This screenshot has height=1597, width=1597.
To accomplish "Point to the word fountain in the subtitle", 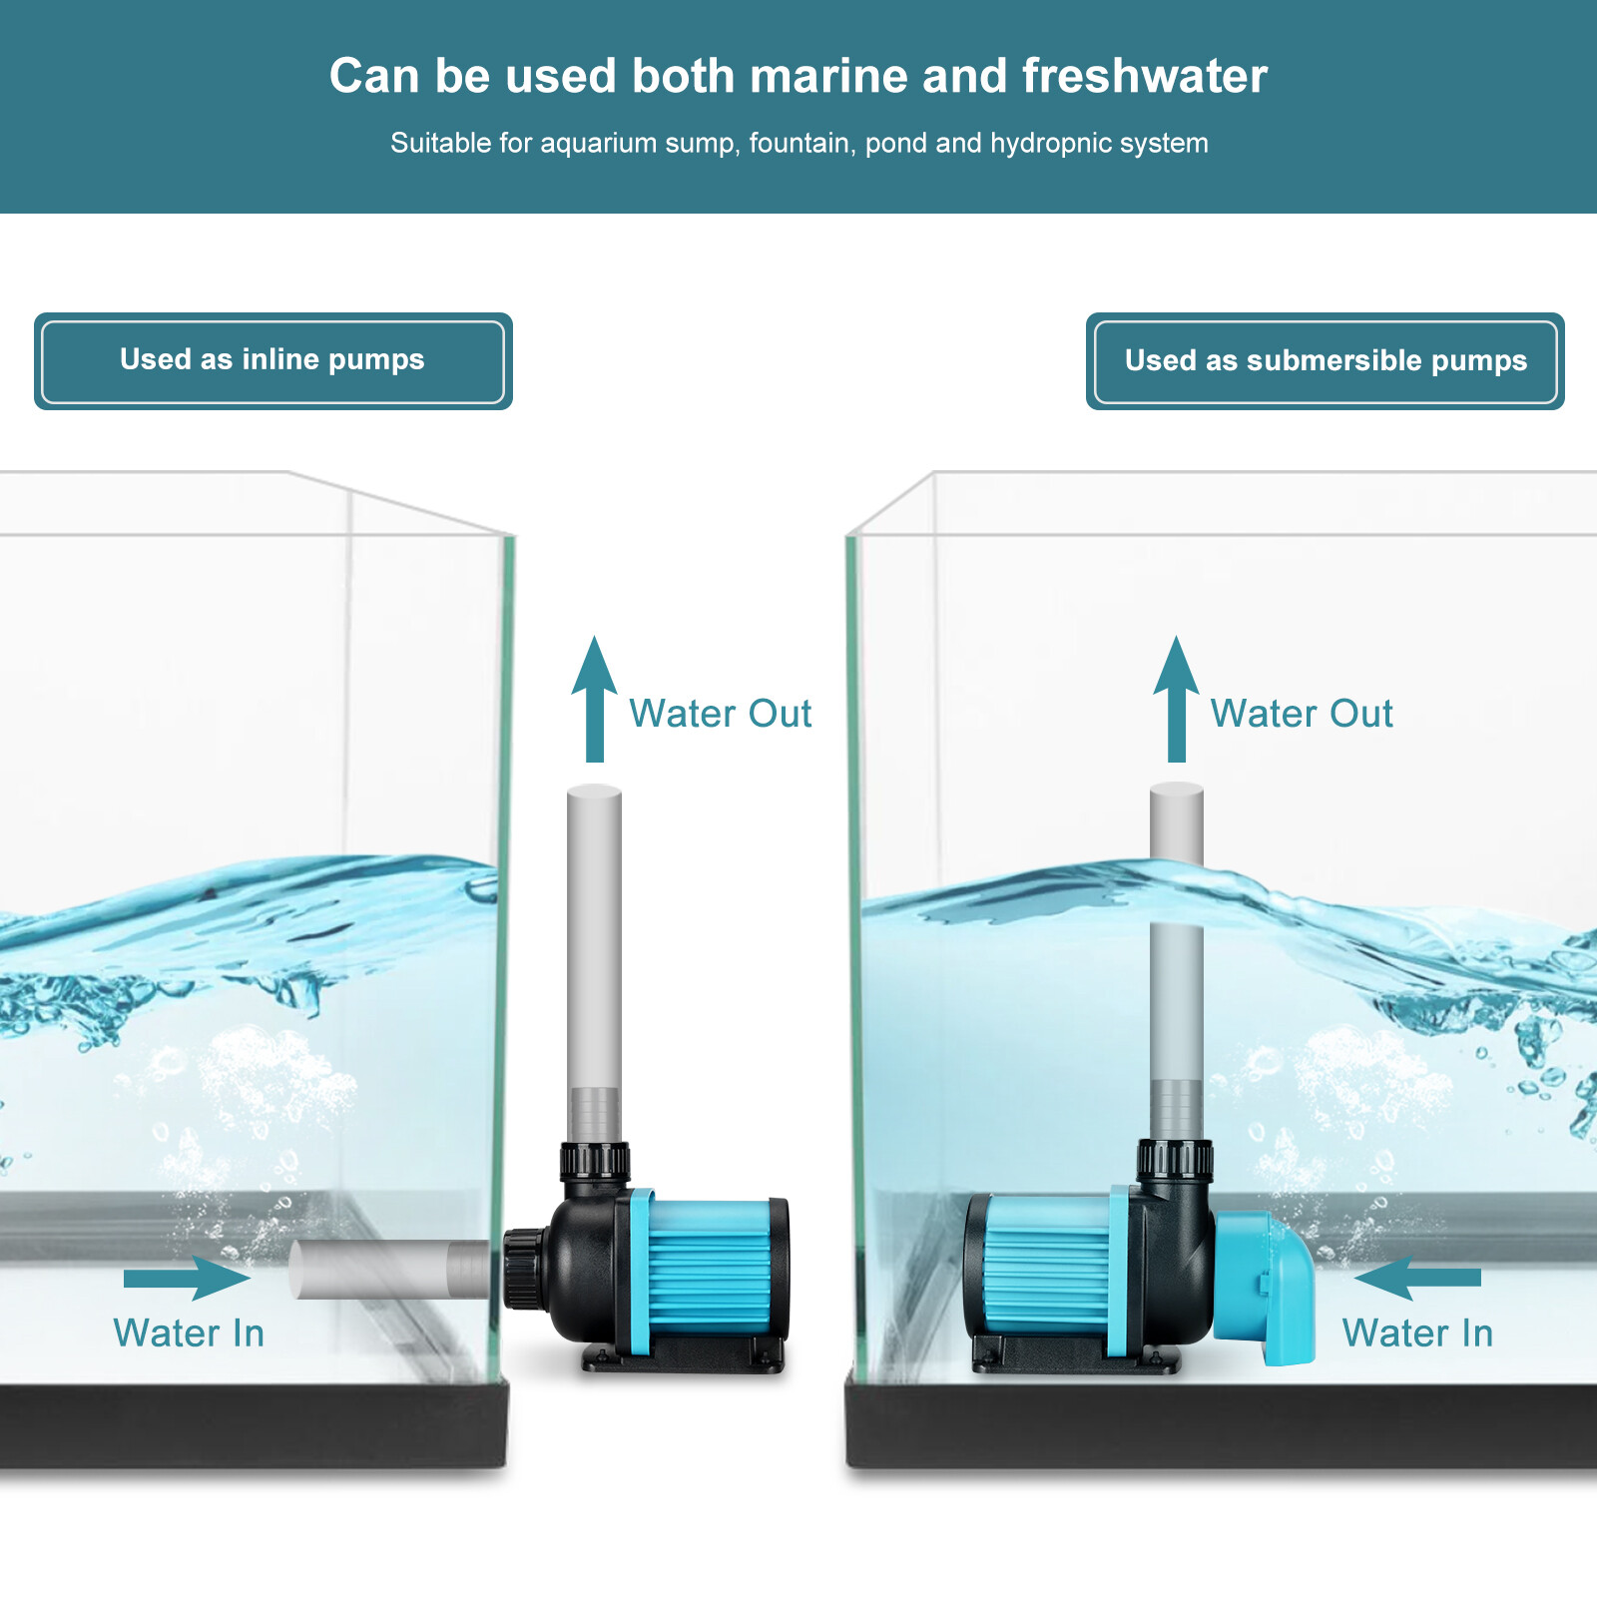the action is pos(801,144).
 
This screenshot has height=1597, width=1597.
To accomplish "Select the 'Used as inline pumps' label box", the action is pos(272,361).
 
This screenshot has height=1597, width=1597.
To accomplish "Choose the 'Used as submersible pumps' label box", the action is pos(1326,361).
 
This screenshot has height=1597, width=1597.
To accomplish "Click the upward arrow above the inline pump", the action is pos(595,699).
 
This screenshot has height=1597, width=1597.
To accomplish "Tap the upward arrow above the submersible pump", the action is pos(1176,699).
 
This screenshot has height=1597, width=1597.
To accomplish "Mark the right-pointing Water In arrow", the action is pos(187,1278).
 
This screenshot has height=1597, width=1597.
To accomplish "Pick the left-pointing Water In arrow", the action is pos(1417,1278).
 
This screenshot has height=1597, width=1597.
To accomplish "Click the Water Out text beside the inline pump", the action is pos(721,714).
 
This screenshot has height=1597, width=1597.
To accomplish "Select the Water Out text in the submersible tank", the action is pos(1302,714).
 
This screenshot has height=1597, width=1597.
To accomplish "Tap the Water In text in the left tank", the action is pos(189,1333).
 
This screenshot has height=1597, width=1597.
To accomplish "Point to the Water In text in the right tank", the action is pos(1417,1333).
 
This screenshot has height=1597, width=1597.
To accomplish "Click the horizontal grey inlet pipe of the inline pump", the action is pos(389,1270).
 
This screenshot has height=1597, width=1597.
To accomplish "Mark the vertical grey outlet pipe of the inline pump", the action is pos(595,964).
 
